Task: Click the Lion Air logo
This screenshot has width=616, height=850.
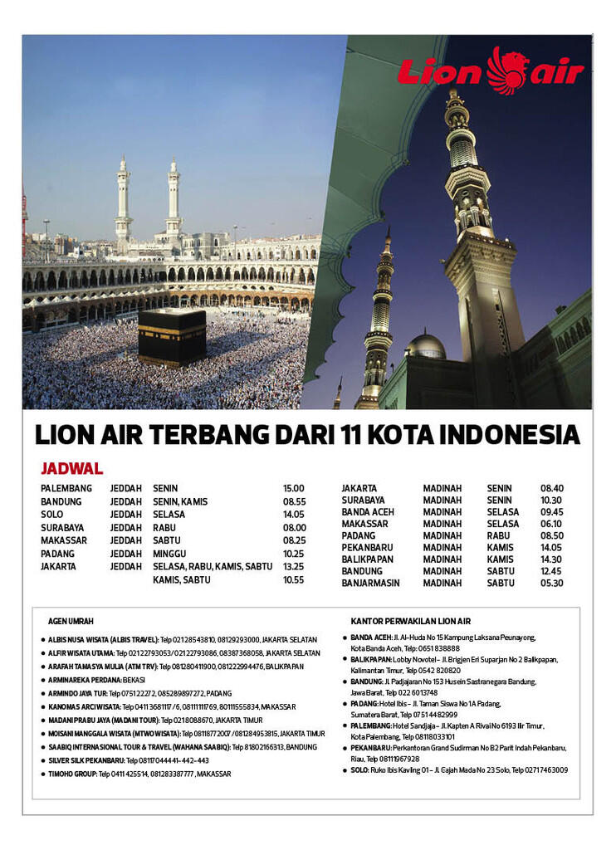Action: pos(490,70)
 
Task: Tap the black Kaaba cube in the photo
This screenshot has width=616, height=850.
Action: pos(172,337)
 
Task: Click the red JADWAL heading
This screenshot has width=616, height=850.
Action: pos(71,469)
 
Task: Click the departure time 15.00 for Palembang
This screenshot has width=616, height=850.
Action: pos(294,489)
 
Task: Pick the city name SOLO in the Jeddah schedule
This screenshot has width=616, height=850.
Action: pos(52,515)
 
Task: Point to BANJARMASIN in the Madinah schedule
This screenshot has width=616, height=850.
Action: pos(370,584)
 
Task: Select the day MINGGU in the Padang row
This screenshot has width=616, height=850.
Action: pos(169,554)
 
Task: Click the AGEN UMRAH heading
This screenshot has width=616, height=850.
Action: pos(71,621)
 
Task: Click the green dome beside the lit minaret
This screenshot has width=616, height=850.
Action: pos(426,344)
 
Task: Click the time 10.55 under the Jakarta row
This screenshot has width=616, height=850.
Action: pos(294,579)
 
